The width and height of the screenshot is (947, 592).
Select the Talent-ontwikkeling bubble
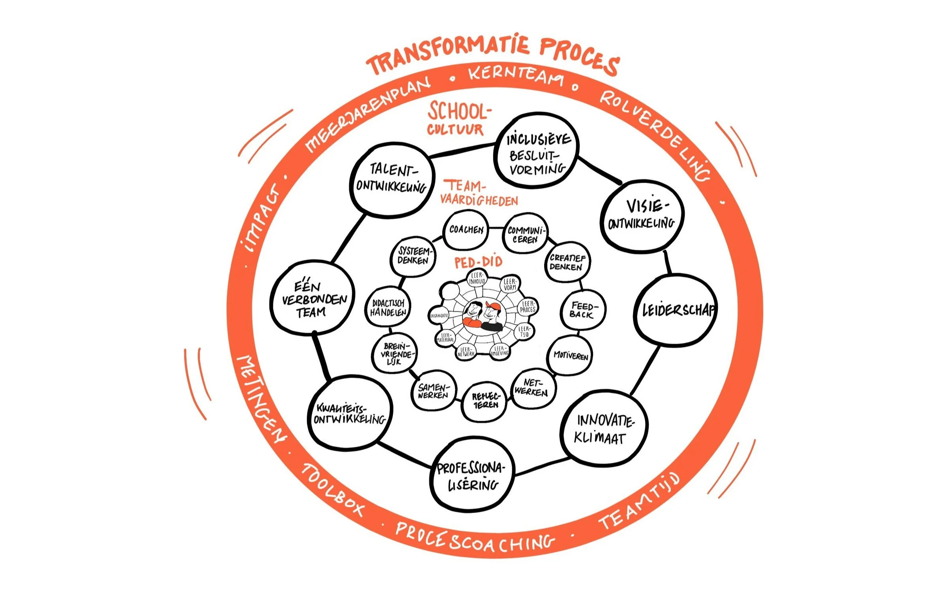tap(392, 180)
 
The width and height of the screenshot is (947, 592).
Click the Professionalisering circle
tap(472, 476)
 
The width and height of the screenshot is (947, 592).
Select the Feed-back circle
tap(582, 310)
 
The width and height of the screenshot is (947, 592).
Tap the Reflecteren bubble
tap(485, 401)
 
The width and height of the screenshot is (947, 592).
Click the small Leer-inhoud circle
tap(477, 279)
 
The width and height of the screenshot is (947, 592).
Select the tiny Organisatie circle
tap(439, 316)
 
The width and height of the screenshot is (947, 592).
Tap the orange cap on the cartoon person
tap(493, 306)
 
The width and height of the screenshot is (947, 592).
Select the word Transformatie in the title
tap(448, 55)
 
